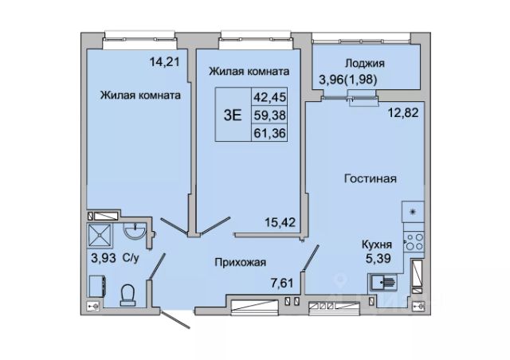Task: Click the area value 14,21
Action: (x=165, y=61)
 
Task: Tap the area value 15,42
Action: (x=280, y=222)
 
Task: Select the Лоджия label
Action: (x=365, y=63)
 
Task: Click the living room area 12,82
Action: (x=403, y=113)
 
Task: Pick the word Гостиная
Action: (x=371, y=178)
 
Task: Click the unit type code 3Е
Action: (x=233, y=115)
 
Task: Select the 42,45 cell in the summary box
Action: (x=269, y=96)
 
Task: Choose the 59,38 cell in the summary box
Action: (x=269, y=115)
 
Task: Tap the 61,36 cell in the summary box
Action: (x=269, y=133)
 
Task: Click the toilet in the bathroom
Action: (x=127, y=295)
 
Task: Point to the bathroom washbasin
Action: (x=135, y=233)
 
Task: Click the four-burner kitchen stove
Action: (x=414, y=242)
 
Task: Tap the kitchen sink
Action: (x=382, y=282)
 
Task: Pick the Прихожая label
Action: (x=241, y=262)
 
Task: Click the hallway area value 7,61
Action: (x=282, y=283)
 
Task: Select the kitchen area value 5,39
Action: (x=379, y=259)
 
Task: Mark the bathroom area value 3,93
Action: (x=104, y=258)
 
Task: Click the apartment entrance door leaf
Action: (x=175, y=319)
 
